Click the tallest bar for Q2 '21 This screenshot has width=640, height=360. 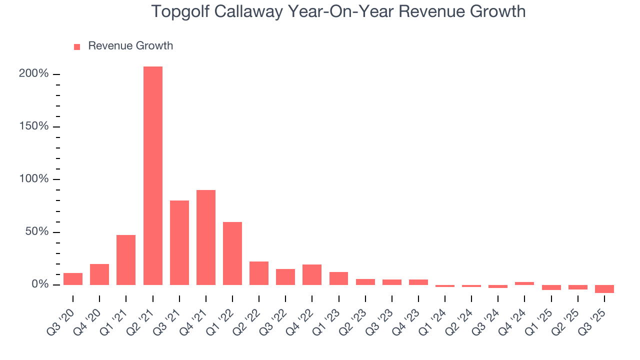click(152, 175)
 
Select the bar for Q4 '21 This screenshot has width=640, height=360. click(206, 237)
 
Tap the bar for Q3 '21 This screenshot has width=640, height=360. click(179, 242)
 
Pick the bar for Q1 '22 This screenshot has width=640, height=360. click(232, 253)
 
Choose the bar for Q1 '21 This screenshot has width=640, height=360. click(126, 260)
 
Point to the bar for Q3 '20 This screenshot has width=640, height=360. click(73, 279)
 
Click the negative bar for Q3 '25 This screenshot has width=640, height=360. click(604, 289)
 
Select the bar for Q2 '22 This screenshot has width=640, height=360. click(259, 273)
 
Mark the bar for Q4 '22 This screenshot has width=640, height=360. click(312, 274)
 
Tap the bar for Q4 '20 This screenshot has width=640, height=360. click(99, 274)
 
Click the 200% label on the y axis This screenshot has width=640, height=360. click(34, 74)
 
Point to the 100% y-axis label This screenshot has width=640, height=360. click(34, 179)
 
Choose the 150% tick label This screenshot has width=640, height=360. click(34, 126)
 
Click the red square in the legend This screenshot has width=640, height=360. click(77, 46)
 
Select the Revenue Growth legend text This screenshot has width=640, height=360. click(130, 46)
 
